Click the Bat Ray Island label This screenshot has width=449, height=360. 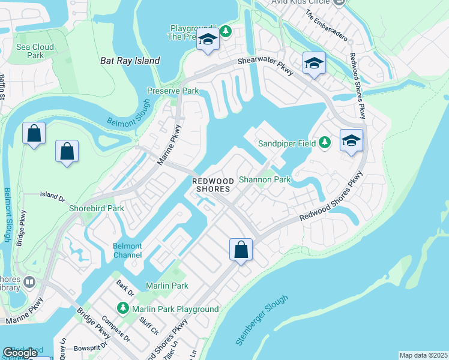(130, 61)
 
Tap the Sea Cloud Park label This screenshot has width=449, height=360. (35, 51)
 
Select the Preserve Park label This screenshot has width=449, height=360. (173, 91)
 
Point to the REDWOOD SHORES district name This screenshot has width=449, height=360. (211, 185)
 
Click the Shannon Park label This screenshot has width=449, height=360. (264, 179)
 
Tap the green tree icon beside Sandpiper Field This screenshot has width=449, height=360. (325, 142)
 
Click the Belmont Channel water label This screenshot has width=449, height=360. (127, 251)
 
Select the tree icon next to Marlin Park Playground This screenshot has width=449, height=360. (123, 308)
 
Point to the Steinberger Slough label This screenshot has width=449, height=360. (262, 321)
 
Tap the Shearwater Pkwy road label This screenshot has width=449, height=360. (266, 66)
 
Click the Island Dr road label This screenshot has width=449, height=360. (52, 195)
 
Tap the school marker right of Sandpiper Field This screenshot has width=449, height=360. (351, 141)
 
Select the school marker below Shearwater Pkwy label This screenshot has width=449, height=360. (314, 63)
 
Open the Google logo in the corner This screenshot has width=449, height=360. (20, 353)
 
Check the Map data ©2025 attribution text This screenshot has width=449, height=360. (423, 355)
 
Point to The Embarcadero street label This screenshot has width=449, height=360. (326, 25)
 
